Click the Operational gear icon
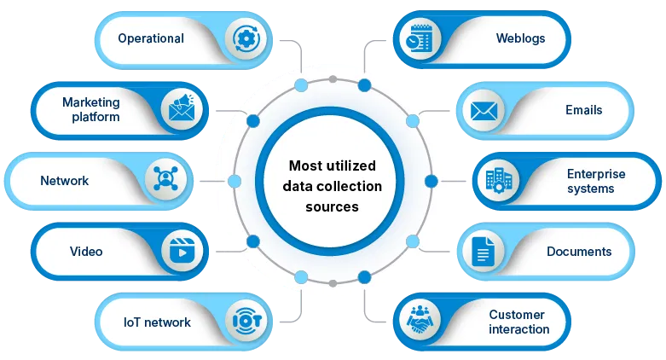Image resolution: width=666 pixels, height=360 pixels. [x=246, y=38]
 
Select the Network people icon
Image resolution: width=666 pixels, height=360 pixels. [x=163, y=180]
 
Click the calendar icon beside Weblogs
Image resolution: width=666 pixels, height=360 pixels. [x=419, y=38]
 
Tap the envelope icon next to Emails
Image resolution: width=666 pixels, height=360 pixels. [x=484, y=110]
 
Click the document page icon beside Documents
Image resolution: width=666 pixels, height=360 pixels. [x=484, y=251]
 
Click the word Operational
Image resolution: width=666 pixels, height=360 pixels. [x=151, y=38]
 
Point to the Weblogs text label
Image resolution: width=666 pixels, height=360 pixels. [x=520, y=38]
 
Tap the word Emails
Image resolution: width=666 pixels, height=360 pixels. [x=584, y=110]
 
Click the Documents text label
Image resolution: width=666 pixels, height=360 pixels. [x=579, y=252]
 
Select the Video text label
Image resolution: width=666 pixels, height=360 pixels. [x=86, y=252]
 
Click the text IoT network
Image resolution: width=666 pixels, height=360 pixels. [x=157, y=322]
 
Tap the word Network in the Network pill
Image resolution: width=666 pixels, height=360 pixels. [x=65, y=181]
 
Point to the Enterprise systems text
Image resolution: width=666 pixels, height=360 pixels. [x=596, y=181]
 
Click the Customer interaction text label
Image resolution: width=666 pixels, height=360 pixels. [x=519, y=322]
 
